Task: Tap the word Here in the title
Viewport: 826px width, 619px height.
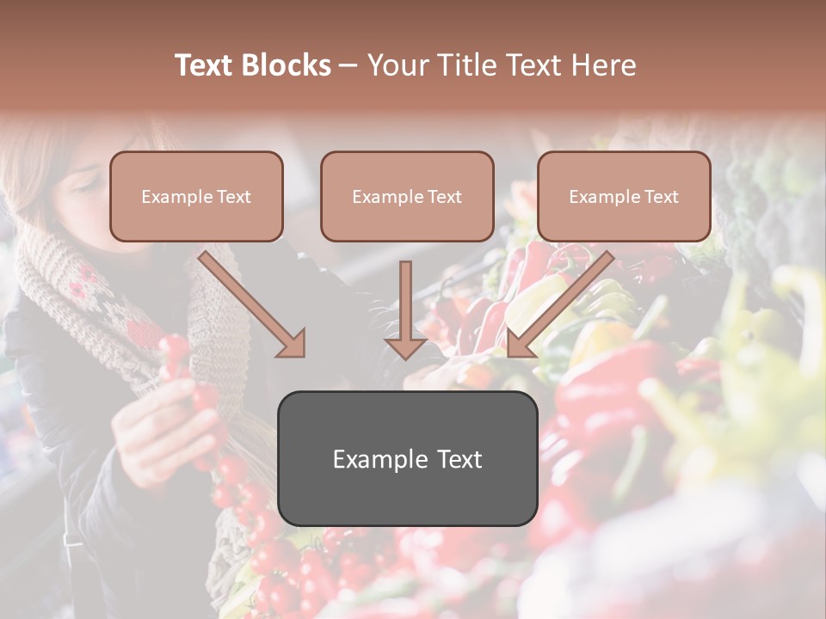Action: tap(601, 65)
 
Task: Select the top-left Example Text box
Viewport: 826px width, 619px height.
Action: tap(196, 196)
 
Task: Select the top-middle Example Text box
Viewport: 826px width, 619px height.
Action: tap(407, 196)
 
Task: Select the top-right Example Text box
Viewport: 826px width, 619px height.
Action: tap(624, 196)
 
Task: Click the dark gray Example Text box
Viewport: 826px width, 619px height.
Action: tap(407, 458)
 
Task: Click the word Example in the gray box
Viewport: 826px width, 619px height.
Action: tap(378, 459)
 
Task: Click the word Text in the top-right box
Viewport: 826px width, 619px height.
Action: tap(661, 197)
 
